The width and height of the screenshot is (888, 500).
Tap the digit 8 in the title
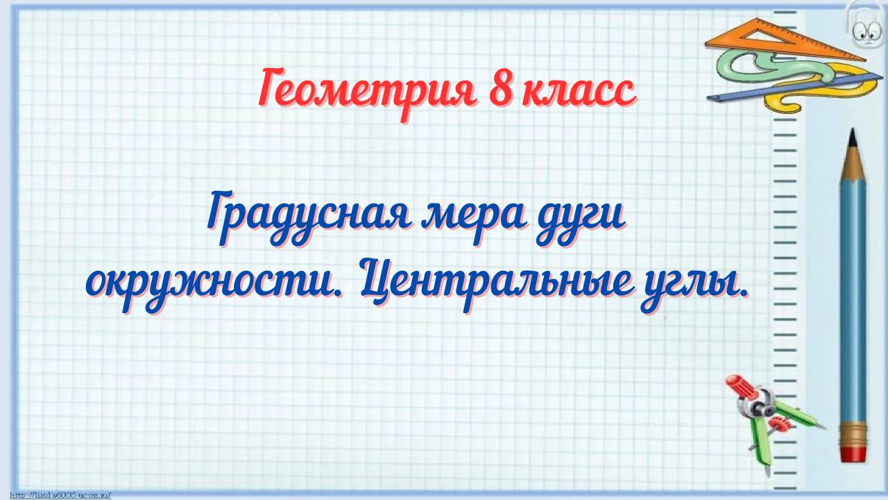pos(502,90)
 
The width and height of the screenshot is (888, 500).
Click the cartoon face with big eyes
pos(864,28)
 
